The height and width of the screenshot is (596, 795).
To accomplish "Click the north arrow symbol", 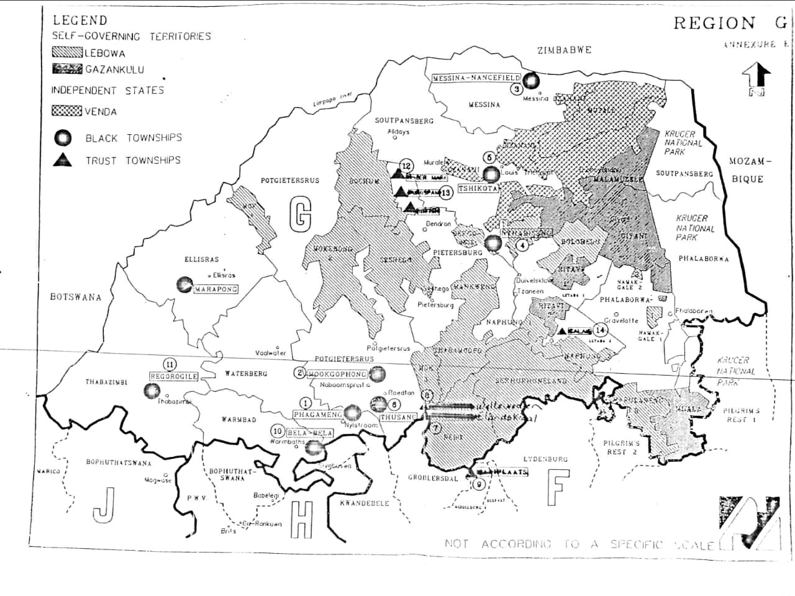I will coord(756,79).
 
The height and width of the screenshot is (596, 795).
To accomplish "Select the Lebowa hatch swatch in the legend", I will coord(67,53).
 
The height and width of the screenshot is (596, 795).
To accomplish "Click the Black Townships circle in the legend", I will coord(63,138).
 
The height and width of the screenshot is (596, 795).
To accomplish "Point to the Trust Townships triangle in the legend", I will coord(63,160).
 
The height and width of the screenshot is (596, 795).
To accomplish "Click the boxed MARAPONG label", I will coord(216,289).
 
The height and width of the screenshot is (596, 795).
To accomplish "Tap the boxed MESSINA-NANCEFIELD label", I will coord(476,78).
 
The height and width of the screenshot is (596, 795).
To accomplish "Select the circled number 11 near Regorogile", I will coord(168,364).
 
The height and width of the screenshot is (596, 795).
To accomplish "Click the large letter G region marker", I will coord(300,214).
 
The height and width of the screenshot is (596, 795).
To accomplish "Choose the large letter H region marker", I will coord(302,520).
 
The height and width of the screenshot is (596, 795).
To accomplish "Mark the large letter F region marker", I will coord(558,487).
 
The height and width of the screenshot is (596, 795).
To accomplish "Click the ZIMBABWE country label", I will coord(564,50).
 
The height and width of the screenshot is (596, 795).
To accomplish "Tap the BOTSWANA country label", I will coord(75,297).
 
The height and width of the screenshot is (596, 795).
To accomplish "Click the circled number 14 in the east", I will coord(600,330).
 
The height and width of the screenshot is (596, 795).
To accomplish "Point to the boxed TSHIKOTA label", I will coord(478,188).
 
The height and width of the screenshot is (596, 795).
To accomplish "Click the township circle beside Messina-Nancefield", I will coord(530,80).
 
